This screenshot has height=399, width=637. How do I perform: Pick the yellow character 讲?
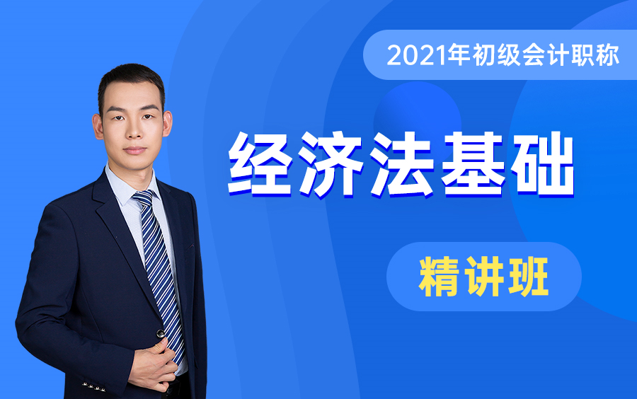(x=484, y=277)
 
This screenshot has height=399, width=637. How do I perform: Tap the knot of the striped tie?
(x=144, y=199)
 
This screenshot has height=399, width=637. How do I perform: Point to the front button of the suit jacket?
(x=161, y=333)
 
